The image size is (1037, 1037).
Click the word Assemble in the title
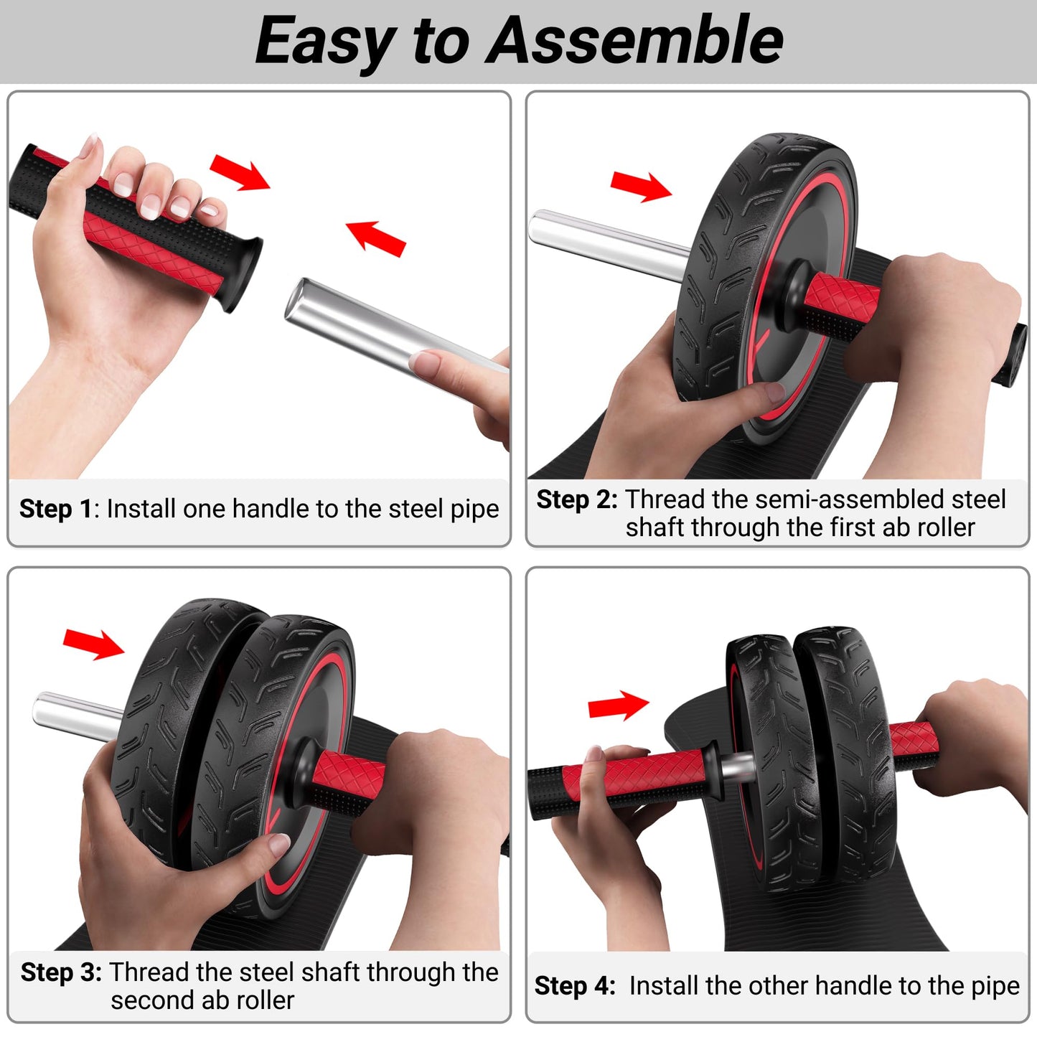(634, 40)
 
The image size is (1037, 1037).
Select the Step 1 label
(56, 509)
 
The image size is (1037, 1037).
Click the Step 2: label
(576, 499)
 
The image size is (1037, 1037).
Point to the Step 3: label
(61, 972)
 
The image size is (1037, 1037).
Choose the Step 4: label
(575, 986)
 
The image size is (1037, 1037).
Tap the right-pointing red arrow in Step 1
(240, 172)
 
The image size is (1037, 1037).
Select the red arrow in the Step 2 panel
(641, 186)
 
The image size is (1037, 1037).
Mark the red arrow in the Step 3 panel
(93, 643)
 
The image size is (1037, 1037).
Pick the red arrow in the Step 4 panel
(618, 706)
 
